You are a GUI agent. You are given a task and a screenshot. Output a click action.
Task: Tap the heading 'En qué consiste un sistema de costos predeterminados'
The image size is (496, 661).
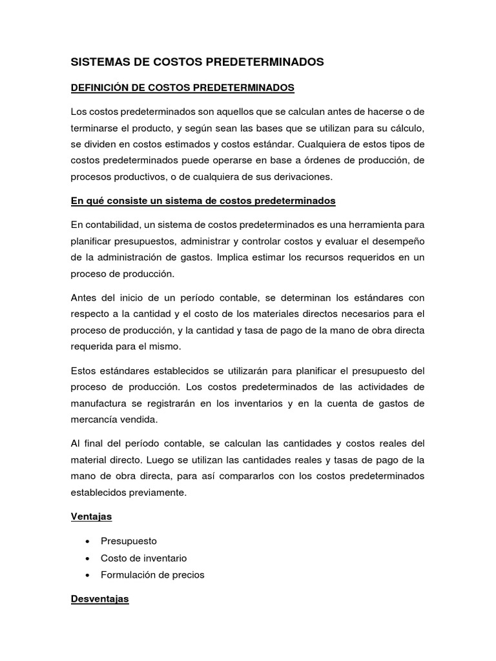[x=203, y=201]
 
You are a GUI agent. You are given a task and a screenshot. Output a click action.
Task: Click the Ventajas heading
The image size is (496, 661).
[x=91, y=516]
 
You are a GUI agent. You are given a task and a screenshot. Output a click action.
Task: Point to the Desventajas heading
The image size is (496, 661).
[x=99, y=599]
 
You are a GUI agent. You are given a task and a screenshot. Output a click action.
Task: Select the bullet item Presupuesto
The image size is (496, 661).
[x=129, y=541]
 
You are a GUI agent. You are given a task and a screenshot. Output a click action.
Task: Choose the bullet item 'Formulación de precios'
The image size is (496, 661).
[x=152, y=575]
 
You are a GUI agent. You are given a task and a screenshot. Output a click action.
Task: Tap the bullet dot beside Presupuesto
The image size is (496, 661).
[x=87, y=541]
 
